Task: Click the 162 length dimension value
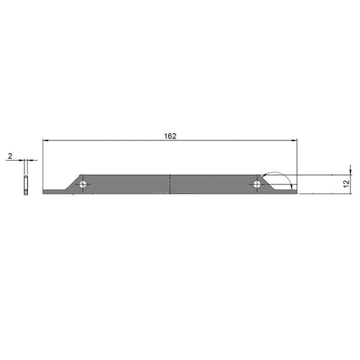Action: (x=170, y=136)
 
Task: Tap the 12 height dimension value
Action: (x=346, y=184)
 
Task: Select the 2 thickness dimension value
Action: (x=10, y=156)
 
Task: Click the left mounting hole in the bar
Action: (x=83, y=184)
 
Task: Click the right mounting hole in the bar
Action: (x=257, y=184)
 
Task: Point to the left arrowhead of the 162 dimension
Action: (x=45, y=140)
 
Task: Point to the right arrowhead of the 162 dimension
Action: (x=294, y=140)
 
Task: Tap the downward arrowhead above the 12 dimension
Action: (x=351, y=172)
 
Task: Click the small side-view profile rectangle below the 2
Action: (x=26, y=185)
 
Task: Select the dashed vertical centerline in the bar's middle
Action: (x=170, y=184)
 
